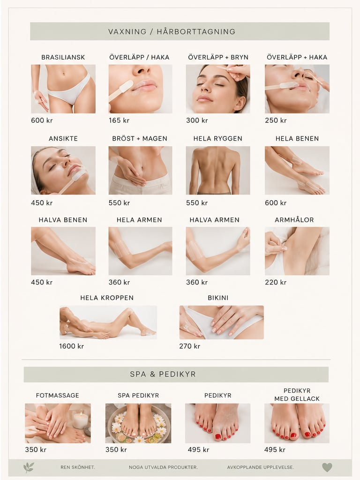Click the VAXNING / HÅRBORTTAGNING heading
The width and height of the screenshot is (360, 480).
tap(172, 31)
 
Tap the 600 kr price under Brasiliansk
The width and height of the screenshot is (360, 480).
tap(42, 120)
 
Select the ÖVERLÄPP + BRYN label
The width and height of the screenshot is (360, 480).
tap(218, 57)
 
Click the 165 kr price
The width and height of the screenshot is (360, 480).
tap(119, 120)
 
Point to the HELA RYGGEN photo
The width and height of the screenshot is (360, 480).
tap(217, 170)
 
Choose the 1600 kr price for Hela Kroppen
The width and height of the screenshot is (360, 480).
tap(71, 346)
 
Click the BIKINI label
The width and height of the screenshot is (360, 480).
tap(218, 298)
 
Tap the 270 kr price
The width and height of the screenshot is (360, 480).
tap(189, 346)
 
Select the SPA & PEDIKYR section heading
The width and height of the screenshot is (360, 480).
tap(163, 374)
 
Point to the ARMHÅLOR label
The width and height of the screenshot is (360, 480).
tap(294, 220)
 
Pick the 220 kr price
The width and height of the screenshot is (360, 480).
tap(276, 282)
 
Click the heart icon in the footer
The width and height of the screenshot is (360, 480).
tap(327, 467)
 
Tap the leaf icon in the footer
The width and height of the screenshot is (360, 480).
tap(29, 467)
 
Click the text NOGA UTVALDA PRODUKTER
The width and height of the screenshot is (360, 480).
tap(163, 467)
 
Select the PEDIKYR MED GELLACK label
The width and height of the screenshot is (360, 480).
tap(297, 395)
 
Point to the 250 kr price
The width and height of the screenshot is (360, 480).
tap(276, 120)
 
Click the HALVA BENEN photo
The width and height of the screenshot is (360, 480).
tap(63, 251)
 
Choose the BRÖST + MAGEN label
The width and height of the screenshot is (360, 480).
tap(140, 139)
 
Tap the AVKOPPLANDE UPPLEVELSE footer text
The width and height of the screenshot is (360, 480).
tap(261, 467)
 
